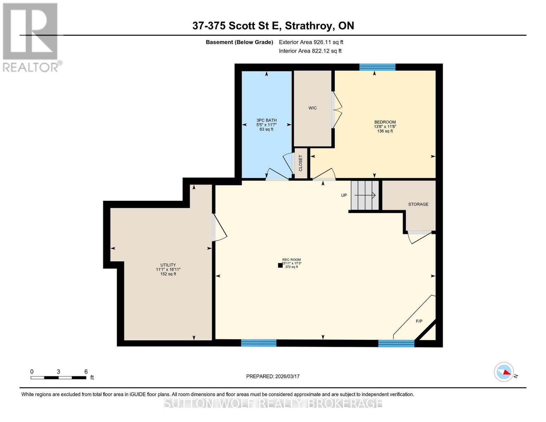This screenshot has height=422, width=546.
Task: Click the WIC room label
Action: (313, 108)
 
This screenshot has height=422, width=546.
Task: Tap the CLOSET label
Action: (301, 163)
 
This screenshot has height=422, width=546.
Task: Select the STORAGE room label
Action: (418, 204)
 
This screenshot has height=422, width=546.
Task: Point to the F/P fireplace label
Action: (419, 321)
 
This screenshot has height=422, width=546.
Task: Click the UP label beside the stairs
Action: (344, 195)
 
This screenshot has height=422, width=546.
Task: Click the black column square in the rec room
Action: (280, 266)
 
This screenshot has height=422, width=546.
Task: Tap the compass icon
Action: (504, 372)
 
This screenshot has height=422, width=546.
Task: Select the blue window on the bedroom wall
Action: (377, 67)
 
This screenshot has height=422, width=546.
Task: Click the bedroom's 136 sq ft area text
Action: (385, 131)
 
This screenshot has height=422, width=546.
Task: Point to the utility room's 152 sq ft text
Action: (168, 274)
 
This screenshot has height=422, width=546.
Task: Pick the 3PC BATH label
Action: (266, 120)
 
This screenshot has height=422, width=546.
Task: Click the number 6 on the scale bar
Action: (86, 372)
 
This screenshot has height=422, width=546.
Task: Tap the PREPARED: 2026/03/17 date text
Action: (273, 376)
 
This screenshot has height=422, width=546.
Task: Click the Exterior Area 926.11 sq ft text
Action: (311, 42)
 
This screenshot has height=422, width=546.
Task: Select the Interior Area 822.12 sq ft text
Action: (310, 51)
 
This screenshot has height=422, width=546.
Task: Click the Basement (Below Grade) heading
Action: (239, 42)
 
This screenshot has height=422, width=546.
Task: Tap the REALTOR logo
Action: (31, 37)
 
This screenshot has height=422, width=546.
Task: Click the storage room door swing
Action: (420, 237)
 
